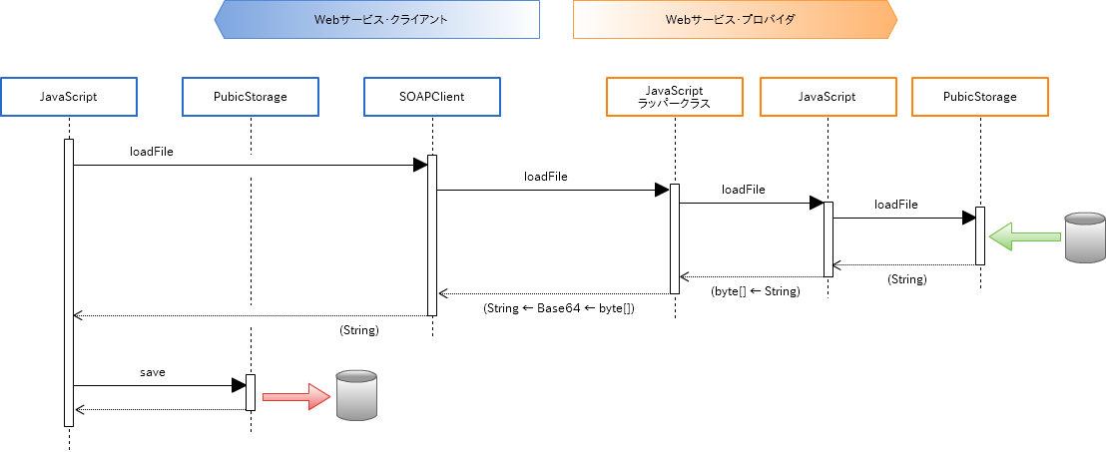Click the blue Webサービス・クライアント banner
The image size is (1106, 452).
[x=377, y=19]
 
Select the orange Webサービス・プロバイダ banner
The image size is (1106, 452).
[x=734, y=19]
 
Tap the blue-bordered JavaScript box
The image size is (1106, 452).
[x=68, y=97]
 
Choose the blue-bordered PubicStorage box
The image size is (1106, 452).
[x=250, y=97]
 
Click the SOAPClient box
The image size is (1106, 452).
[x=431, y=97]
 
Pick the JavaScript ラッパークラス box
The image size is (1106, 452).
[x=674, y=97]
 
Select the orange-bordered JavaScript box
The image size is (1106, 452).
[x=827, y=97]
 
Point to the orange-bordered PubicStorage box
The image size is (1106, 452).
[x=979, y=97]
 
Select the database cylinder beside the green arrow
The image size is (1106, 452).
[x=1084, y=236]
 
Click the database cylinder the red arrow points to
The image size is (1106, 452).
[x=356, y=394]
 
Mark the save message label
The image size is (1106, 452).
[x=152, y=372]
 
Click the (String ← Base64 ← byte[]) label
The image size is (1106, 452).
[x=558, y=308]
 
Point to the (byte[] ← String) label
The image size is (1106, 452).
[x=756, y=290]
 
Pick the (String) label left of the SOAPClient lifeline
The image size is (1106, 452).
[x=359, y=329]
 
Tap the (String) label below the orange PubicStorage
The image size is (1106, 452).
[x=907, y=279]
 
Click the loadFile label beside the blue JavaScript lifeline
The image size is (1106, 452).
[x=152, y=152]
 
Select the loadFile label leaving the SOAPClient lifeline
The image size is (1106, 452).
[x=545, y=176]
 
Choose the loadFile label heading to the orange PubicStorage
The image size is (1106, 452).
[x=896, y=205]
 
